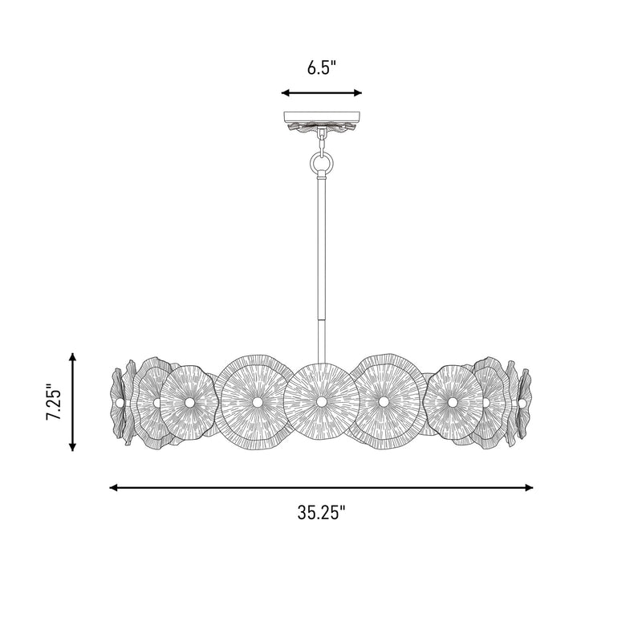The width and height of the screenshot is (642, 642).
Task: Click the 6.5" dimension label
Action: [322, 67]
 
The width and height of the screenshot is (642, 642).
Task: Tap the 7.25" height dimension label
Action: [54, 402]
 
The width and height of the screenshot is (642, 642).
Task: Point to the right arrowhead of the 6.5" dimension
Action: [357, 93]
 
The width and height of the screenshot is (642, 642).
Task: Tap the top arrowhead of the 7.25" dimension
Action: [72, 357]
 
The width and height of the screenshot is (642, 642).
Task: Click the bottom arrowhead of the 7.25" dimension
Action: [72, 447]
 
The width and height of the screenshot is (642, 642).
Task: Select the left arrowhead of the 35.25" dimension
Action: [114, 487]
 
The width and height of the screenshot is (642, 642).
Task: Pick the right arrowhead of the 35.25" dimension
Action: [529, 487]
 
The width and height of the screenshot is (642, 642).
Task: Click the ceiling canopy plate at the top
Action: [322, 117]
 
